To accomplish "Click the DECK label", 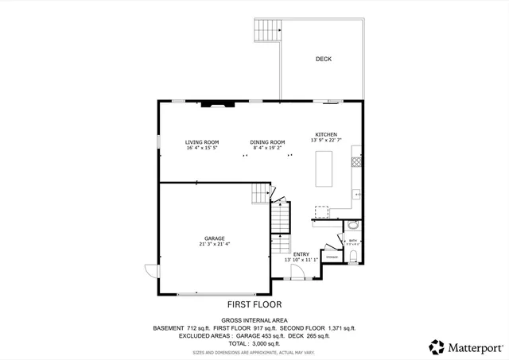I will [323, 60].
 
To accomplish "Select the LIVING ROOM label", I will [202, 142].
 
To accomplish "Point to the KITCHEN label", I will [326, 134].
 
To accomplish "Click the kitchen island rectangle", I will [324, 168].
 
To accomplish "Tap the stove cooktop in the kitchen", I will [357, 161].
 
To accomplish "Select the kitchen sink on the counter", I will [357, 193].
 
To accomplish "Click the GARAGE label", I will [214, 238].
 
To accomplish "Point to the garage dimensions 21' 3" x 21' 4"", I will [214, 244].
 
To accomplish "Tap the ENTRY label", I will [301, 254].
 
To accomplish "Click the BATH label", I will [352, 240].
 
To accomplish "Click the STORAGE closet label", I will [332, 256].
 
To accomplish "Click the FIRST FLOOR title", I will [254, 304].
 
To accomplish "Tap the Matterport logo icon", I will [437, 346].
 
